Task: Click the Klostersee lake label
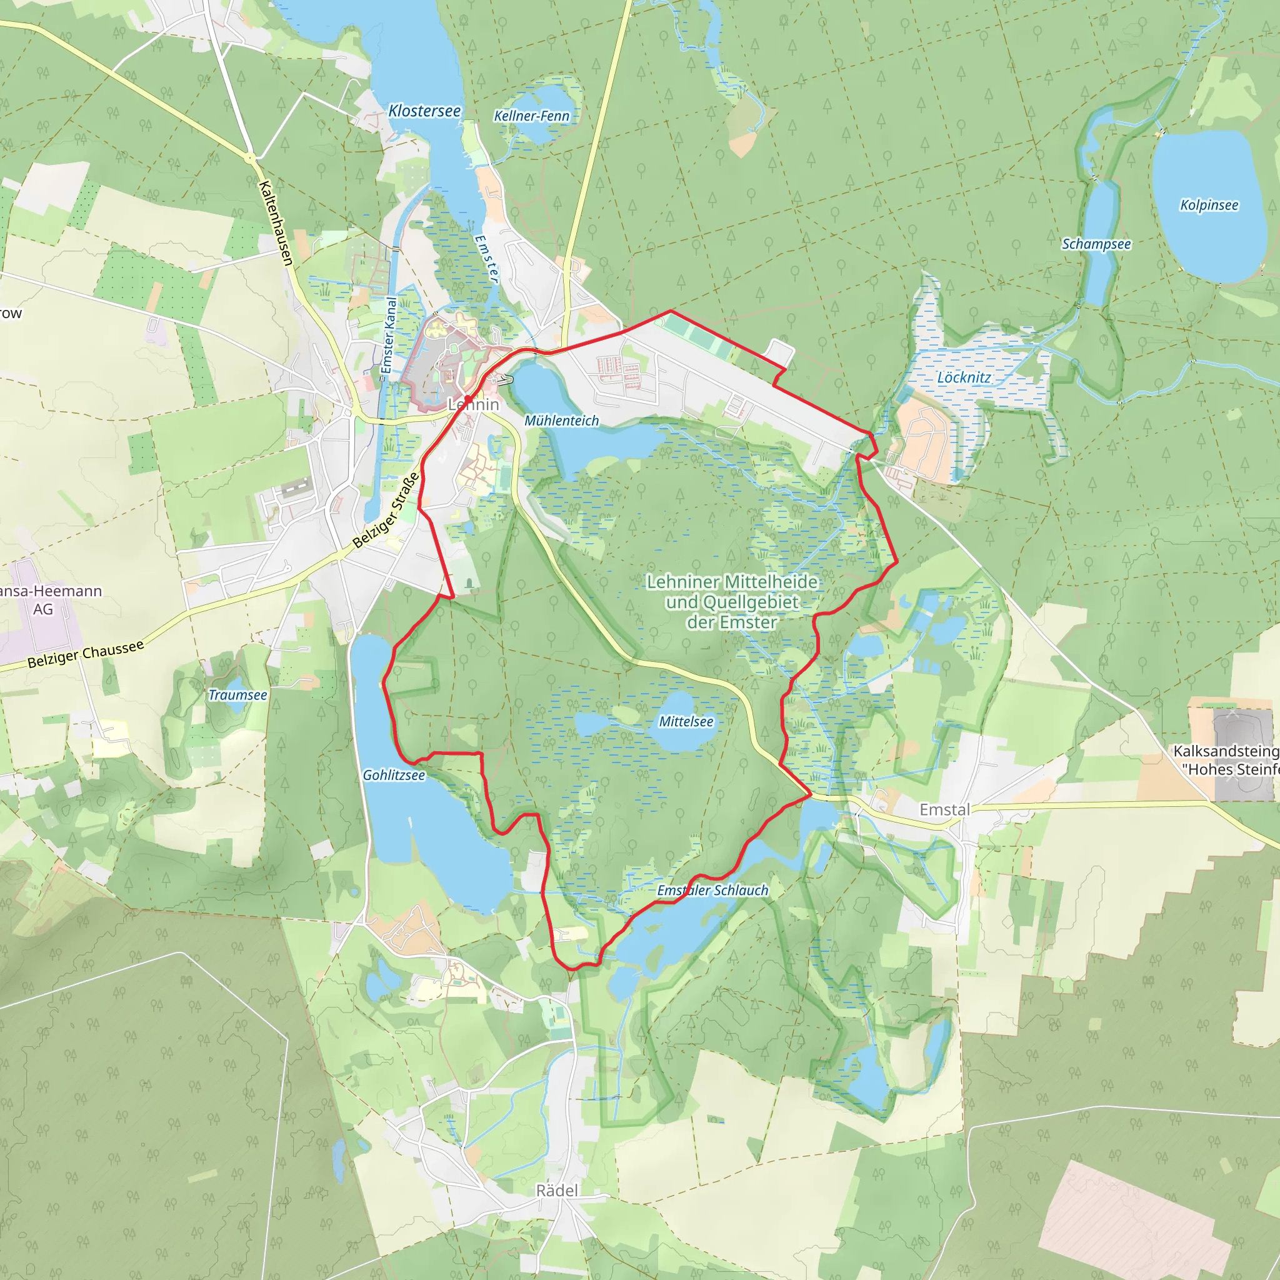(424, 111)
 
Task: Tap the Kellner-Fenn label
(531, 116)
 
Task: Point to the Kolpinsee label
(1209, 205)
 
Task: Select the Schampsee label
(1096, 244)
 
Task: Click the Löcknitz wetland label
(964, 377)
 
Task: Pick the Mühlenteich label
(561, 421)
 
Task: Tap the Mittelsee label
(686, 721)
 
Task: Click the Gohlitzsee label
(394, 775)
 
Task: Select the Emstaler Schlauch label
(712, 891)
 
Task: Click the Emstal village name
(944, 809)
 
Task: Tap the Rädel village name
(556, 1191)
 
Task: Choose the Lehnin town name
(474, 404)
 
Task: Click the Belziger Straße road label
(386, 510)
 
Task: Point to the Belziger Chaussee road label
(86, 654)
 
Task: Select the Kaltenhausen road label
(276, 223)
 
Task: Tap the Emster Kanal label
(388, 335)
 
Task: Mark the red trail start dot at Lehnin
(468, 399)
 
